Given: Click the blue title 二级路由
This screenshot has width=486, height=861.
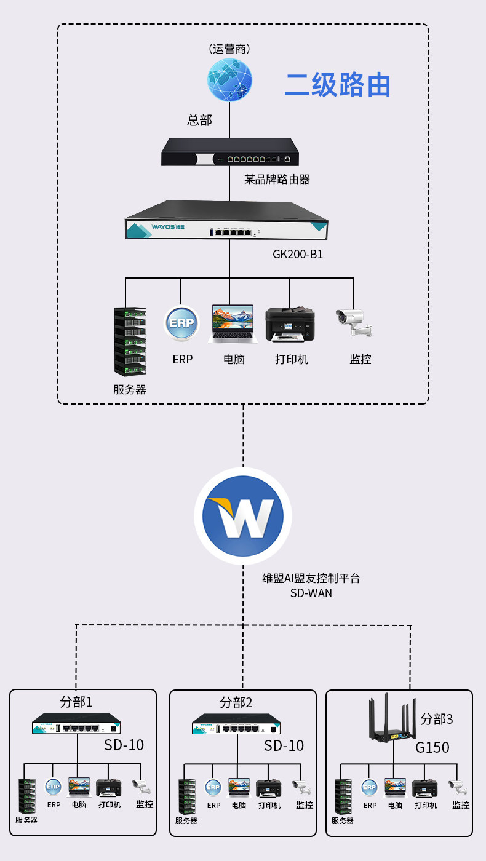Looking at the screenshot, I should tap(337, 85).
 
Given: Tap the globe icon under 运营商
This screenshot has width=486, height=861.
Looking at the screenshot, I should tap(229, 80).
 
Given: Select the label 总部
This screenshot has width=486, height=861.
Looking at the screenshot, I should tap(199, 120).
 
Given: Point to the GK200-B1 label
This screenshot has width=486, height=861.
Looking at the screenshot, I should tap(298, 253).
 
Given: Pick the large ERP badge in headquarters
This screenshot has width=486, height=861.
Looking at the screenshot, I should tap(182, 324).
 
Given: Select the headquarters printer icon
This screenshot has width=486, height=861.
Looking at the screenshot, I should tap(290, 324).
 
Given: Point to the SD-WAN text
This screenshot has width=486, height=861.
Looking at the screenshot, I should tap(311, 593).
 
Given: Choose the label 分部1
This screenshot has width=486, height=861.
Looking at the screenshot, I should tap(76, 702).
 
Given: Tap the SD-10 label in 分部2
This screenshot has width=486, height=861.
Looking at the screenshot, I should tap(284, 745).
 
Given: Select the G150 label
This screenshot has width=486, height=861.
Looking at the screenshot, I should tap(432, 748).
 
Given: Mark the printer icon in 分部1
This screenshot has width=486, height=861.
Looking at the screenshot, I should tap(109, 787).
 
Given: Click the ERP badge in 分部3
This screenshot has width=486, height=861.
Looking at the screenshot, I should tap(369, 787).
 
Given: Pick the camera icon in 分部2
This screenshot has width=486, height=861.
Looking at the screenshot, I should tap(301, 787).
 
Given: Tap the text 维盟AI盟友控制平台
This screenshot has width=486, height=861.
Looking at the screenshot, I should tap(311, 579).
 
